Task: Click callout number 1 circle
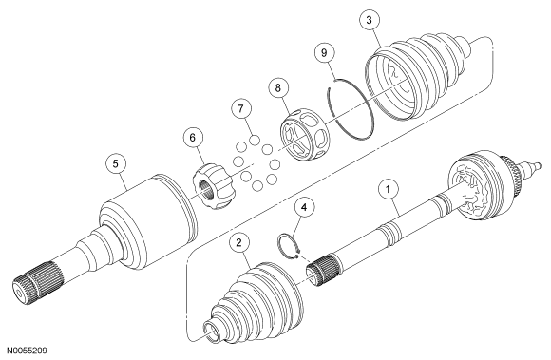click(x=388, y=190)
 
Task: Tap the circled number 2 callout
click(x=239, y=243)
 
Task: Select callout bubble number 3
click(x=369, y=20)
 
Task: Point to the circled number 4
click(x=304, y=207)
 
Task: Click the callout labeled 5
click(x=116, y=163)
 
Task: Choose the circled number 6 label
click(x=193, y=138)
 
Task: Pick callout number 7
click(x=240, y=108)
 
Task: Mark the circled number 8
click(x=278, y=87)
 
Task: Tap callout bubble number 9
click(x=324, y=52)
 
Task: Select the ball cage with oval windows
click(x=305, y=135)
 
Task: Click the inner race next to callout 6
click(x=214, y=186)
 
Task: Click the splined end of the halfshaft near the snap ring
click(x=322, y=270)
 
